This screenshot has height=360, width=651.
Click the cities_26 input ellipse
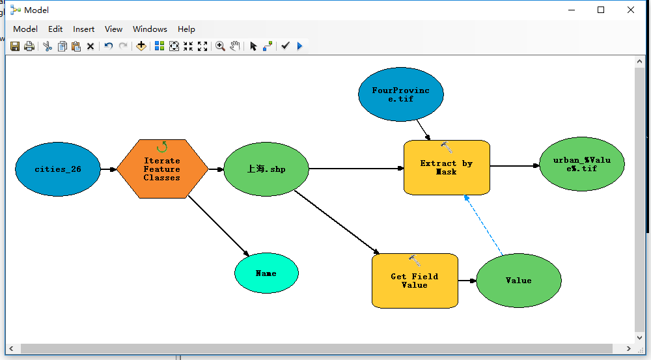click(x=58, y=169)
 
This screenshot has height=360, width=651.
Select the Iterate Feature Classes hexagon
click(x=162, y=169)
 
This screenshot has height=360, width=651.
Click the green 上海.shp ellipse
click(x=266, y=169)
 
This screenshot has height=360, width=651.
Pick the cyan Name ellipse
click(x=266, y=273)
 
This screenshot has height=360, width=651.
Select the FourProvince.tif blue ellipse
click(x=401, y=94)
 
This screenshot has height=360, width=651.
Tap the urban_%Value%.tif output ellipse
click(x=582, y=164)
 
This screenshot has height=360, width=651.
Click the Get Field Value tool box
click(x=415, y=281)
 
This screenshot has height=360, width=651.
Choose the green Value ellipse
click(x=518, y=281)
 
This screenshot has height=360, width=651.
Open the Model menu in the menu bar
click(x=25, y=29)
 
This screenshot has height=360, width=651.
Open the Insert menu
click(x=83, y=29)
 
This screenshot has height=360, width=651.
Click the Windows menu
click(x=150, y=29)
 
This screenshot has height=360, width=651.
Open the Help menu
click(x=186, y=29)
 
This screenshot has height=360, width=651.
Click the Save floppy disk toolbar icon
click(x=15, y=46)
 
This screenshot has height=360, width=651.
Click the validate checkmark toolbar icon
click(x=284, y=46)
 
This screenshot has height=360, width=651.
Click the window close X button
click(x=631, y=10)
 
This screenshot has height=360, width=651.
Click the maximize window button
click(x=601, y=10)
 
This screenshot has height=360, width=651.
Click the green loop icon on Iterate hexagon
click(x=162, y=147)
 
